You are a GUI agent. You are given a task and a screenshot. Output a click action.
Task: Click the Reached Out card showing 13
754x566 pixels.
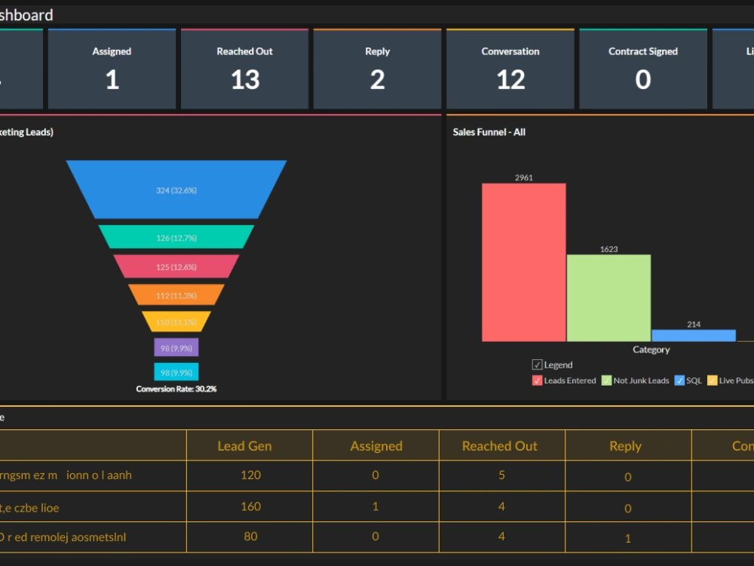(x=244, y=69)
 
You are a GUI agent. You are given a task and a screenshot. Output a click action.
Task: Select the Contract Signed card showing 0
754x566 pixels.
(x=642, y=69)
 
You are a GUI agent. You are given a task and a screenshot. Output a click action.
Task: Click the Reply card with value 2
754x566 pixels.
(x=377, y=69)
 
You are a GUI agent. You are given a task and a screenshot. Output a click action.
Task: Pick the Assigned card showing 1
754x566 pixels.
(x=112, y=69)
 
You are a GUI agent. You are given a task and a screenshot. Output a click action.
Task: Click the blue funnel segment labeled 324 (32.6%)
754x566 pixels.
(x=176, y=190)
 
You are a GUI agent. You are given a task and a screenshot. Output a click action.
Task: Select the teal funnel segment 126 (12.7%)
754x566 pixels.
(x=176, y=237)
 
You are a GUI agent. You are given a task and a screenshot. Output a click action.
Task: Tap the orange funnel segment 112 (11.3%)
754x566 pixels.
(x=176, y=295)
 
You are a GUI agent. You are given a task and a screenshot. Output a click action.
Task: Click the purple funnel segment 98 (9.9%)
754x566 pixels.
(x=176, y=347)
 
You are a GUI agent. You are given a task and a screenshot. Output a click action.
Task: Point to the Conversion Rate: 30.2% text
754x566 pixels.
(x=176, y=389)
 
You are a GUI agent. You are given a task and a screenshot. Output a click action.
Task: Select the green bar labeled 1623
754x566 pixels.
(x=608, y=298)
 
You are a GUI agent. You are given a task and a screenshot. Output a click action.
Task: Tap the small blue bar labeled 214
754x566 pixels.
(x=693, y=336)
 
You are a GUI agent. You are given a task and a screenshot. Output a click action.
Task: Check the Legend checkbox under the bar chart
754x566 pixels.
(x=538, y=365)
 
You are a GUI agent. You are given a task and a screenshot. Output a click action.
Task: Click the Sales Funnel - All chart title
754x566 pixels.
(x=489, y=132)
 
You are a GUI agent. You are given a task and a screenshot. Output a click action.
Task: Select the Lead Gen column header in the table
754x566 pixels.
(x=244, y=446)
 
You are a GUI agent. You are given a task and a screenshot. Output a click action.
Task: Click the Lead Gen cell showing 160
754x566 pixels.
(x=250, y=506)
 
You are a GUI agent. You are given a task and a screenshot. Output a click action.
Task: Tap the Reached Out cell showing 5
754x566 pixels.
(x=501, y=475)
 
